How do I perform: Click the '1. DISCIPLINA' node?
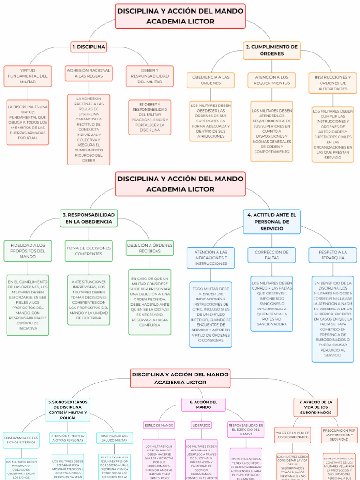tap(89, 47)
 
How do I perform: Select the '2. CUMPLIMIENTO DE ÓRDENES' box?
tap(272, 50)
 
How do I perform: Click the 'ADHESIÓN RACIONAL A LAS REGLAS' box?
tap(89, 73)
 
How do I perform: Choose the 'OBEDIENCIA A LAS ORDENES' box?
tap(210, 80)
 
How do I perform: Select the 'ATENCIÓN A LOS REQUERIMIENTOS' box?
tap(272, 80)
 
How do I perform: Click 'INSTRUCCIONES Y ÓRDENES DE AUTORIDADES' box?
tap(333, 82)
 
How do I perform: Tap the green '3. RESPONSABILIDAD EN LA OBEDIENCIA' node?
tap(89, 218)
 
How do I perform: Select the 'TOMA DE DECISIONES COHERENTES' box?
tap(89, 251)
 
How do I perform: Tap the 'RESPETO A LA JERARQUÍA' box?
tap(333, 255)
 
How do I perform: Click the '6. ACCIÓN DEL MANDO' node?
tap(203, 405)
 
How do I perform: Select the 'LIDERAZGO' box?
tap(202, 425)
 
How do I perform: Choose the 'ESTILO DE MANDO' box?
tap(159, 425)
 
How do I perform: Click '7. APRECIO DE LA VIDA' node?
tap(316, 407)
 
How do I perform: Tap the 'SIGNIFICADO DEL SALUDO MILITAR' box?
tap(114, 438)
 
